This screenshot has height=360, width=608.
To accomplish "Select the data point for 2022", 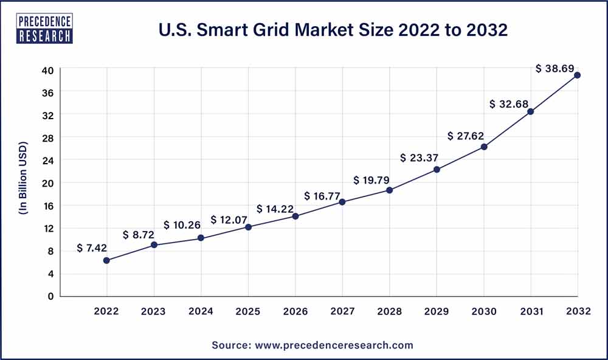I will pyautogui.click(x=106, y=260).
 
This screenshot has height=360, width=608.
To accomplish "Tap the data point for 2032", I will pyautogui.click(x=577, y=75).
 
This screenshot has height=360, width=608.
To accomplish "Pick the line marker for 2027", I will pyautogui.click(x=342, y=202).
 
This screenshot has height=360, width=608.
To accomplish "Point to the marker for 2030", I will pyautogui.click(x=483, y=147).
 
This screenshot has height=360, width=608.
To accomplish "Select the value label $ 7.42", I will pyautogui.click(x=92, y=248).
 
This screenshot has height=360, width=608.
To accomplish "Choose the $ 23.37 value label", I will pyautogui.click(x=420, y=158).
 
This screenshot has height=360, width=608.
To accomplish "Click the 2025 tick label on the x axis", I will pyautogui.click(x=248, y=311).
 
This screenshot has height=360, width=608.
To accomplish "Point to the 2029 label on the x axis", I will pyautogui.click(x=437, y=311).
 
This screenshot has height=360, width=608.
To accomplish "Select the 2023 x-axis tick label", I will pyautogui.click(x=154, y=311).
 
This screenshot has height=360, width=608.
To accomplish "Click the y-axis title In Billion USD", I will pyautogui.click(x=24, y=182).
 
